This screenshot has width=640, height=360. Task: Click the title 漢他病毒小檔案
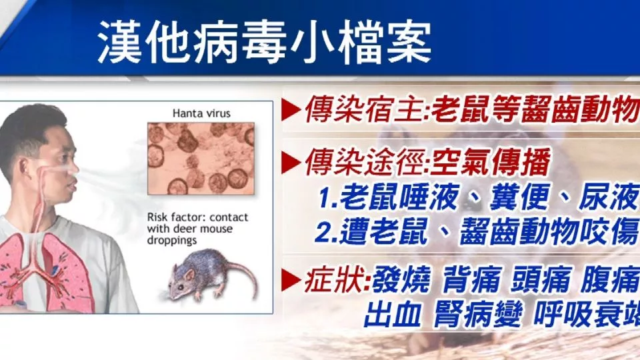(265, 43)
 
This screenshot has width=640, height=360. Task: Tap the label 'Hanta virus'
(201, 113)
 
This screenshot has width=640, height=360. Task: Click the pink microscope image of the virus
(201, 159)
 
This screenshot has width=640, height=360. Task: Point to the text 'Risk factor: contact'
(197, 217)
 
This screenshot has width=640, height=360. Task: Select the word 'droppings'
(172, 241)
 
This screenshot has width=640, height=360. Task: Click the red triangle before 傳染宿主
(291, 110)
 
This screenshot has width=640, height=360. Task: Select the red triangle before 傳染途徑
(291, 162)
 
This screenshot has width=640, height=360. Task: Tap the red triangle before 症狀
(291, 280)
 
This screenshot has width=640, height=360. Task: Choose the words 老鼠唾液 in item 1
(399, 197)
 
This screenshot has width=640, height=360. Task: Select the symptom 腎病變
(478, 315)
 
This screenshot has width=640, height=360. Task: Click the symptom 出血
(392, 315)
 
